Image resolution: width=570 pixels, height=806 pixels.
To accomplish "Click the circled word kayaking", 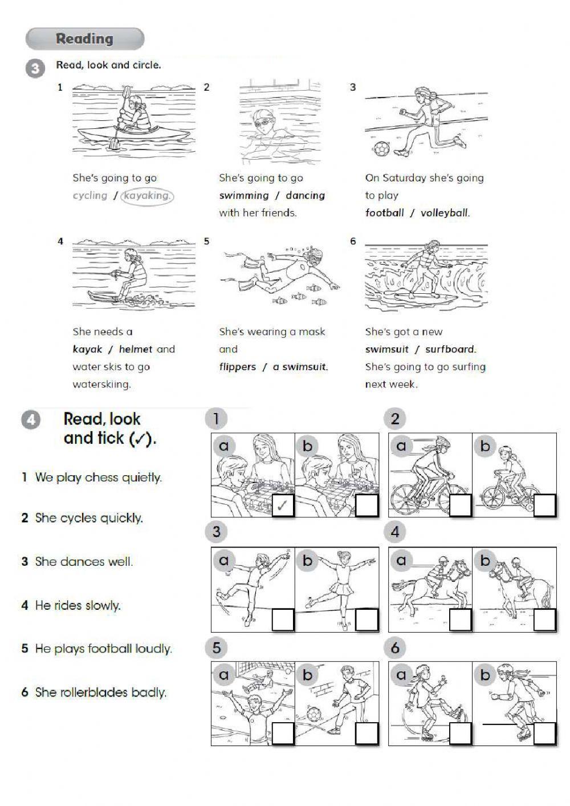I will click(x=147, y=196).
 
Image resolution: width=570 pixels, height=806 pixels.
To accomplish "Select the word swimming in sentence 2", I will click(x=243, y=196).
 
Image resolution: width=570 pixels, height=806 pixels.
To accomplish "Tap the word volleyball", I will click(x=445, y=213).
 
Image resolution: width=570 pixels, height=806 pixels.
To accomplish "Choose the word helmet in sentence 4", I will click(x=136, y=349).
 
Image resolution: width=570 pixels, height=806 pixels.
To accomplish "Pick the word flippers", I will click(x=237, y=367).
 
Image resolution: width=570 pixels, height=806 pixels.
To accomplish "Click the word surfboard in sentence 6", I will click(x=450, y=349).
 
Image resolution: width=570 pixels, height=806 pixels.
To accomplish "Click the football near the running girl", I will click(x=381, y=149).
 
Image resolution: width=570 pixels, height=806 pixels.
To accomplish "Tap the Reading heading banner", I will click(x=85, y=39).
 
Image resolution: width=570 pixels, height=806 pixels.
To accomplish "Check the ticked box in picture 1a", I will click(x=283, y=506).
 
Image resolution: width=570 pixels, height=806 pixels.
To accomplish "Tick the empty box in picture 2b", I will click(x=545, y=506).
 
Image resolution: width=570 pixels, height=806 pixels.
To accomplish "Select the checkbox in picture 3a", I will click(x=283, y=619).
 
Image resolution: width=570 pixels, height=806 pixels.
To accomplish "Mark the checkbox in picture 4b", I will click(x=545, y=619).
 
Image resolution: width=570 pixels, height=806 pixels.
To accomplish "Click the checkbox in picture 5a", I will click(x=283, y=733).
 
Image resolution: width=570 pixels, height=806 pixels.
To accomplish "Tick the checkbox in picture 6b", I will click(x=545, y=733).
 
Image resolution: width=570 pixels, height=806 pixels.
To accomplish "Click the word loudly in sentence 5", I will click(x=152, y=649).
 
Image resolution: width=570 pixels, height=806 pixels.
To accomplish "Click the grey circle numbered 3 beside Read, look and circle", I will click(x=35, y=69).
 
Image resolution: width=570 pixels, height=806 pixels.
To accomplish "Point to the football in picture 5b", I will click(x=313, y=714).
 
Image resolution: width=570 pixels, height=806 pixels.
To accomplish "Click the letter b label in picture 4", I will click(x=485, y=561).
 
